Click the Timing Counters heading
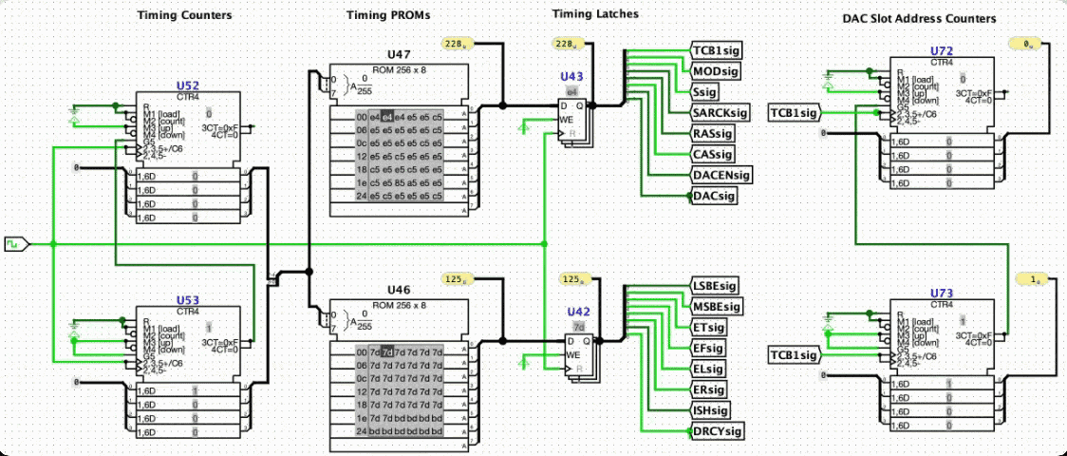pyautogui.click(x=183, y=16)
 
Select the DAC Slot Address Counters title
pyautogui.click(x=918, y=18)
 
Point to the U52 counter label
pyautogui.click(x=188, y=85)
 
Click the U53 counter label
pyautogui.click(x=188, y=298)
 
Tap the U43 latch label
pyautogui.click(x=571, y=76)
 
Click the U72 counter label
pyautogui.click(x=941, y=49)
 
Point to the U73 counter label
pyautogui.click(x=941, y=293)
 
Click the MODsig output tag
pyautogui.click(x=715, y=71)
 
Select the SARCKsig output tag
pyautogui.click(x=719, y=113)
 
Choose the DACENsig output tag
pyautogui.click(x=721, y=175)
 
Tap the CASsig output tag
pyautogui.click(x=713, y=154)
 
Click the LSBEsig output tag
pyautogui.click(x=714, y=286)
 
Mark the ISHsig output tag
pyautogui.click(x=711, y=410)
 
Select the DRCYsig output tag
pyautogui.click(x=717, y=431)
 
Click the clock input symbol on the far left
pyautogui.click(x=16, y=244)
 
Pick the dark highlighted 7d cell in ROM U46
pyautogui.click(x=387, y=351)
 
